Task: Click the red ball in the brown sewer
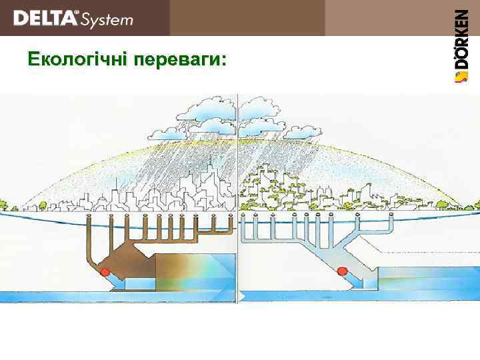pos(105,272)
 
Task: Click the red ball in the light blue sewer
pos(342,271)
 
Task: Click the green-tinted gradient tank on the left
pos(193,274)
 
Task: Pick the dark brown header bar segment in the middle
pos(247,18)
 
